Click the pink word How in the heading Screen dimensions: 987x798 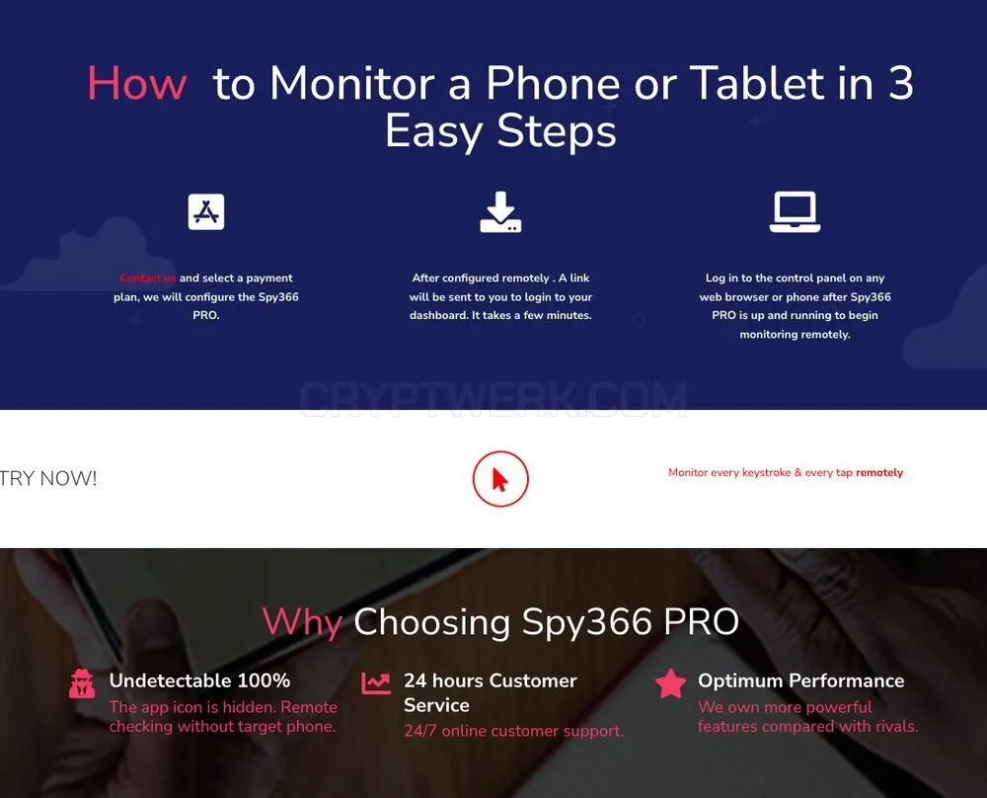[x=137, y=83]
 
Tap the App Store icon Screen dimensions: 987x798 [x=206, y=211]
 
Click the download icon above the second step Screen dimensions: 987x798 [x=500, y=212]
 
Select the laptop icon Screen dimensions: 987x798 [x=795, y=212]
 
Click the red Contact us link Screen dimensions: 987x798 [x=148, y=278]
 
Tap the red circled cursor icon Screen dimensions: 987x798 [x=500, y=479]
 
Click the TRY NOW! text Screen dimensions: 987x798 [x=48, y=478]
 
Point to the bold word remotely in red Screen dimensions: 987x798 [x=879, y=472]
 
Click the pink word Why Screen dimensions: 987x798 [x=302, y=622]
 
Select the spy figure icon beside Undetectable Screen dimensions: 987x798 [x=82, y=684]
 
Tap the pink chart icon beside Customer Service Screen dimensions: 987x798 [x=376, y=683]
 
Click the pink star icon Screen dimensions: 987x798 [x=670, y=684]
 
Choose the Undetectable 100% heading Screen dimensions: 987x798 [x=199, y=680]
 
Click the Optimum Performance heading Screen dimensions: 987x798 [x=800, y=680]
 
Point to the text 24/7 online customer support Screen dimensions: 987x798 [x=513, y=731]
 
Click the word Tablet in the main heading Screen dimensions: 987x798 [x=757, y=83]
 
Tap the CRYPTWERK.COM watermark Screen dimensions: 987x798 [x=493, y=398]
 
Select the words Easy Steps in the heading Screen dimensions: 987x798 [x=500, y=132]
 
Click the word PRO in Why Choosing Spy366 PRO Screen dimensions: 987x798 [x=701, y=622]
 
